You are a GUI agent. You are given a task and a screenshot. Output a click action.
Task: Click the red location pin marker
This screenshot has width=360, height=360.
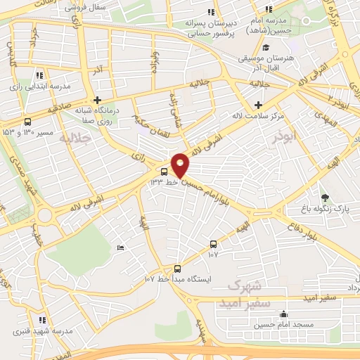pos(181,165)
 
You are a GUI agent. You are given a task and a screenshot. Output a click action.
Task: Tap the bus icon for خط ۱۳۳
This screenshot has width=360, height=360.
pos(164,171)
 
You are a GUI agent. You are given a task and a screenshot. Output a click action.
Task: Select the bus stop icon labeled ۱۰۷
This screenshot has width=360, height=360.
pos(212,244)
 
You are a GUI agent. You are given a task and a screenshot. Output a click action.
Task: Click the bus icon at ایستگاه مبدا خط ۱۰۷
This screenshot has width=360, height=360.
pos(176,269)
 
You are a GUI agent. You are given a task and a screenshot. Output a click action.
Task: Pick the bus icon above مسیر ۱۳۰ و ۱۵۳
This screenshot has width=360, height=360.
pos(27,120)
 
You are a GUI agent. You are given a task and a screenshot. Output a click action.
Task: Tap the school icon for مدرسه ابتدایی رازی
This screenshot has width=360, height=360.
pos(39,75)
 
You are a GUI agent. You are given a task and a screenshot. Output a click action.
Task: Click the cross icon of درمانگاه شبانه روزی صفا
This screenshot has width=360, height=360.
pos(97,100)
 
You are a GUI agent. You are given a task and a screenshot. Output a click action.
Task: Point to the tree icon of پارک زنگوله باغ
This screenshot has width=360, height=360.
pos(324,198)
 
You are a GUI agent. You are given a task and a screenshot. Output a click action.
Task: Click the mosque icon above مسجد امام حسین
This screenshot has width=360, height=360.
pos(283,314)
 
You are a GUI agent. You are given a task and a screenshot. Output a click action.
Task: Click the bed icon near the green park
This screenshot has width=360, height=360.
pos(120,247)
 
